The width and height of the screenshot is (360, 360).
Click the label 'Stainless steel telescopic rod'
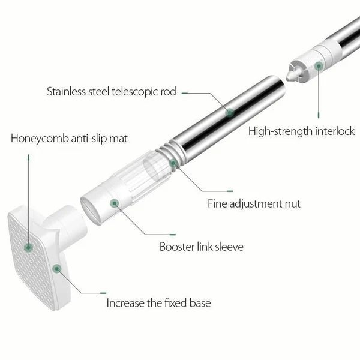pos(112,92)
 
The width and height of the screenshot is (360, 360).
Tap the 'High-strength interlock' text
pos(301,131)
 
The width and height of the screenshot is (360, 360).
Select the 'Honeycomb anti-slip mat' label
pos(69,139)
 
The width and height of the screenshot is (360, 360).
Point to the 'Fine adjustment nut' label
pos(254,203)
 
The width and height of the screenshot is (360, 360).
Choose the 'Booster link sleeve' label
pos(202,247)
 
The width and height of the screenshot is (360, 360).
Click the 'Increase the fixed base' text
pos(158,303)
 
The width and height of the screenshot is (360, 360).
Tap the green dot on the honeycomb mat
pos(28,247)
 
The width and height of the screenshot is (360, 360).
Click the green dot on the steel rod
pos(230,113)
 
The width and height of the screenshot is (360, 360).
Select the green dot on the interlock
pos(319,66)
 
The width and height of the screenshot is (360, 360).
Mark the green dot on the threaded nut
pos(173,163)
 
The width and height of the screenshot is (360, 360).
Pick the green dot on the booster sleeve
pos(115,203)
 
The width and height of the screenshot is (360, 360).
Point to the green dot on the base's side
pos(57,269)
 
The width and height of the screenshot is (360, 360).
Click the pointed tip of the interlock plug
pos(287,78)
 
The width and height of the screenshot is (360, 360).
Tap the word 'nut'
pos(293,204)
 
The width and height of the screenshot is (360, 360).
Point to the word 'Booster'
pos(177,247)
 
